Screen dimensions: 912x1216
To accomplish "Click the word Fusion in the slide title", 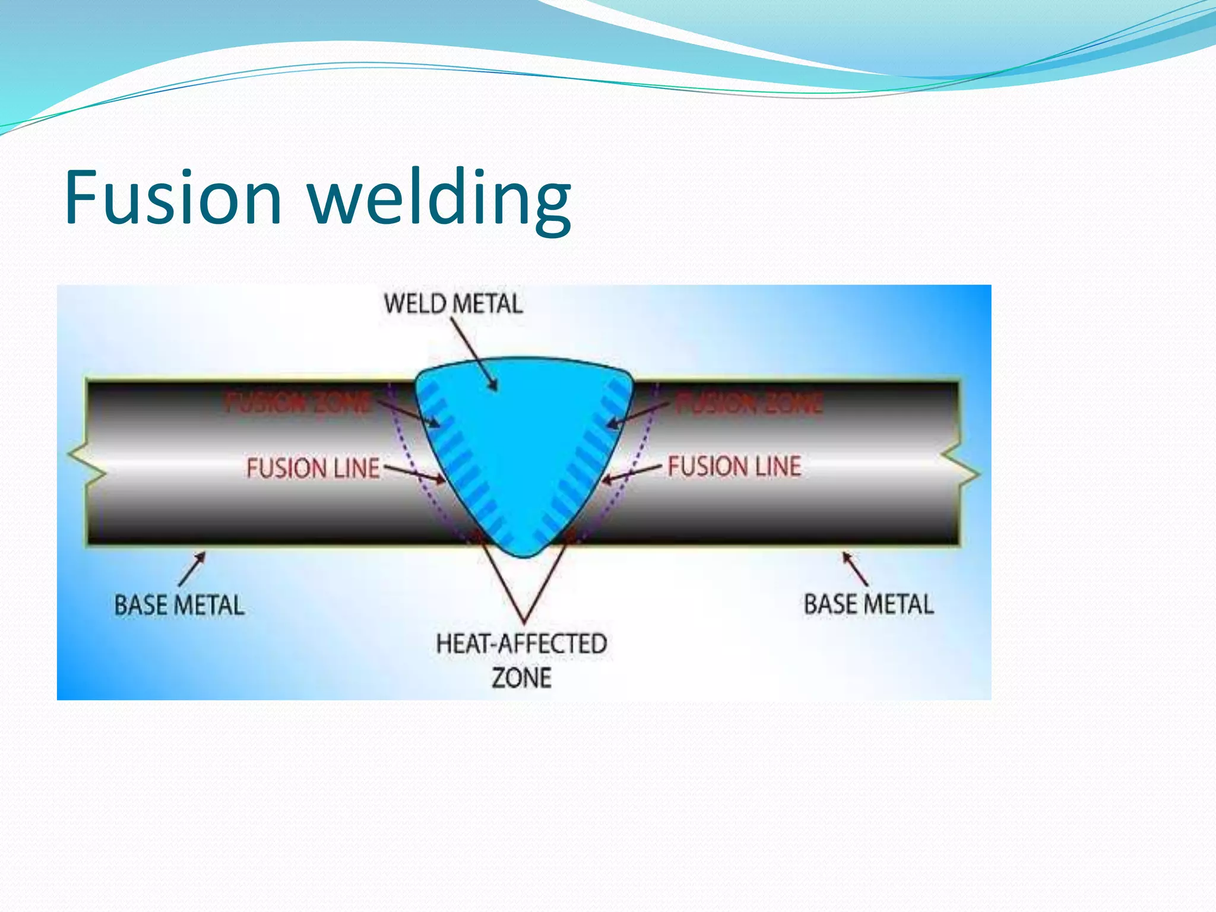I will coord(172,197).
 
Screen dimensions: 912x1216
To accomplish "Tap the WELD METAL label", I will coord(453,304).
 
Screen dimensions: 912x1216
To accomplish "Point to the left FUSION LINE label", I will coord(313,468).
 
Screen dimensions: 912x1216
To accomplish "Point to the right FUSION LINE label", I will coord(734,466).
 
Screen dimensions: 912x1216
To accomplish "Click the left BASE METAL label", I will coord(179,606).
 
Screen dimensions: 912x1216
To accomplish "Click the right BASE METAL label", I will coord(869,604).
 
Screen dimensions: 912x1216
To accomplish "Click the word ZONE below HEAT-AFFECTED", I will coord(521,678).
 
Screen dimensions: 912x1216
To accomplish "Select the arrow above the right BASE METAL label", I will coord(855,568).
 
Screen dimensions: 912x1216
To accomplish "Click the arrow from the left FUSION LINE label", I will coord(414,473).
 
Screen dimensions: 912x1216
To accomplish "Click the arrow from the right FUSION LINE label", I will coord(631,473).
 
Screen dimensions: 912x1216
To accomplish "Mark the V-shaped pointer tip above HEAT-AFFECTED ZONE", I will coord(524,620).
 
